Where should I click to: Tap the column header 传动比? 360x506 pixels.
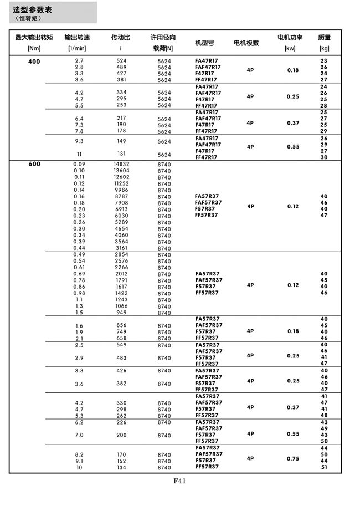click(121, 38)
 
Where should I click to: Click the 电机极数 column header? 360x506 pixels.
click(246, 43)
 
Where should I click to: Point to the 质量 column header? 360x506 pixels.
click(324, 38)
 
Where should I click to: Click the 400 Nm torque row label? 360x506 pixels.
click(34, 61)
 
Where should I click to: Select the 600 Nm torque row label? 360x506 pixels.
click(34, 165)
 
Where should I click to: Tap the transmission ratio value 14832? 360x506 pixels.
click(121, 165)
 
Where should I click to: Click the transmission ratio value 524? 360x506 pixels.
click(121, 60)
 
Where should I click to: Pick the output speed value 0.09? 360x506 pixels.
click(79, 165)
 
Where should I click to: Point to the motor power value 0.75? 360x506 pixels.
click(293, 459)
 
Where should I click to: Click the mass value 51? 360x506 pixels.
click(324, 467)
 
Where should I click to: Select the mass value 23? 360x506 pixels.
click(324, 60)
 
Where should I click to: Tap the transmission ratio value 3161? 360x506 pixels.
click(121, 248)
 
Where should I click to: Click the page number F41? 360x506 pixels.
click(179, 481)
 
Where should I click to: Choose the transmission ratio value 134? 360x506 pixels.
click(121, 467)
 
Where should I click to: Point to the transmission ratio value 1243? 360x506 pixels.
click(121, 299)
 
